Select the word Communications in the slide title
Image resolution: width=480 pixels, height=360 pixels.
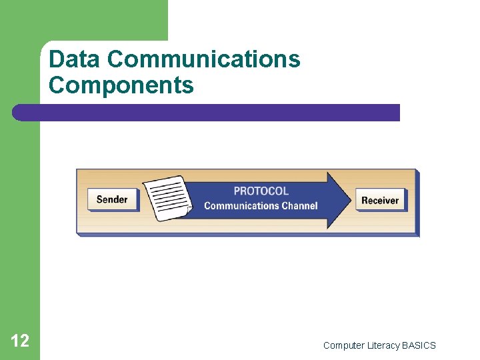(x=203, y=60)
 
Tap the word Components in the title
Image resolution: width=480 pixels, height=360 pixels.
(x=121, y=86)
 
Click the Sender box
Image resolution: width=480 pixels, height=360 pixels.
(x=111, y=199)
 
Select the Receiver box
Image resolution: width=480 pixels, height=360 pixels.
(x=380, y=200)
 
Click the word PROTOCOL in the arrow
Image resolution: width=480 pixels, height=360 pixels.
(x=261, y=191)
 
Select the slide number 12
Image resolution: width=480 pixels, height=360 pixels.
(x=20, y=341)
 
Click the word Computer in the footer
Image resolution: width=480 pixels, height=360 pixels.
(x=343, y=345)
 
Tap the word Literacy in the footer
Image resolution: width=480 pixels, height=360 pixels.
(x=383, y=345)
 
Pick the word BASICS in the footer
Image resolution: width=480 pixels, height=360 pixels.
(x=419, y=345)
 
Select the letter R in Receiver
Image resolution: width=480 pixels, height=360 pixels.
(x=365, y=200)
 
